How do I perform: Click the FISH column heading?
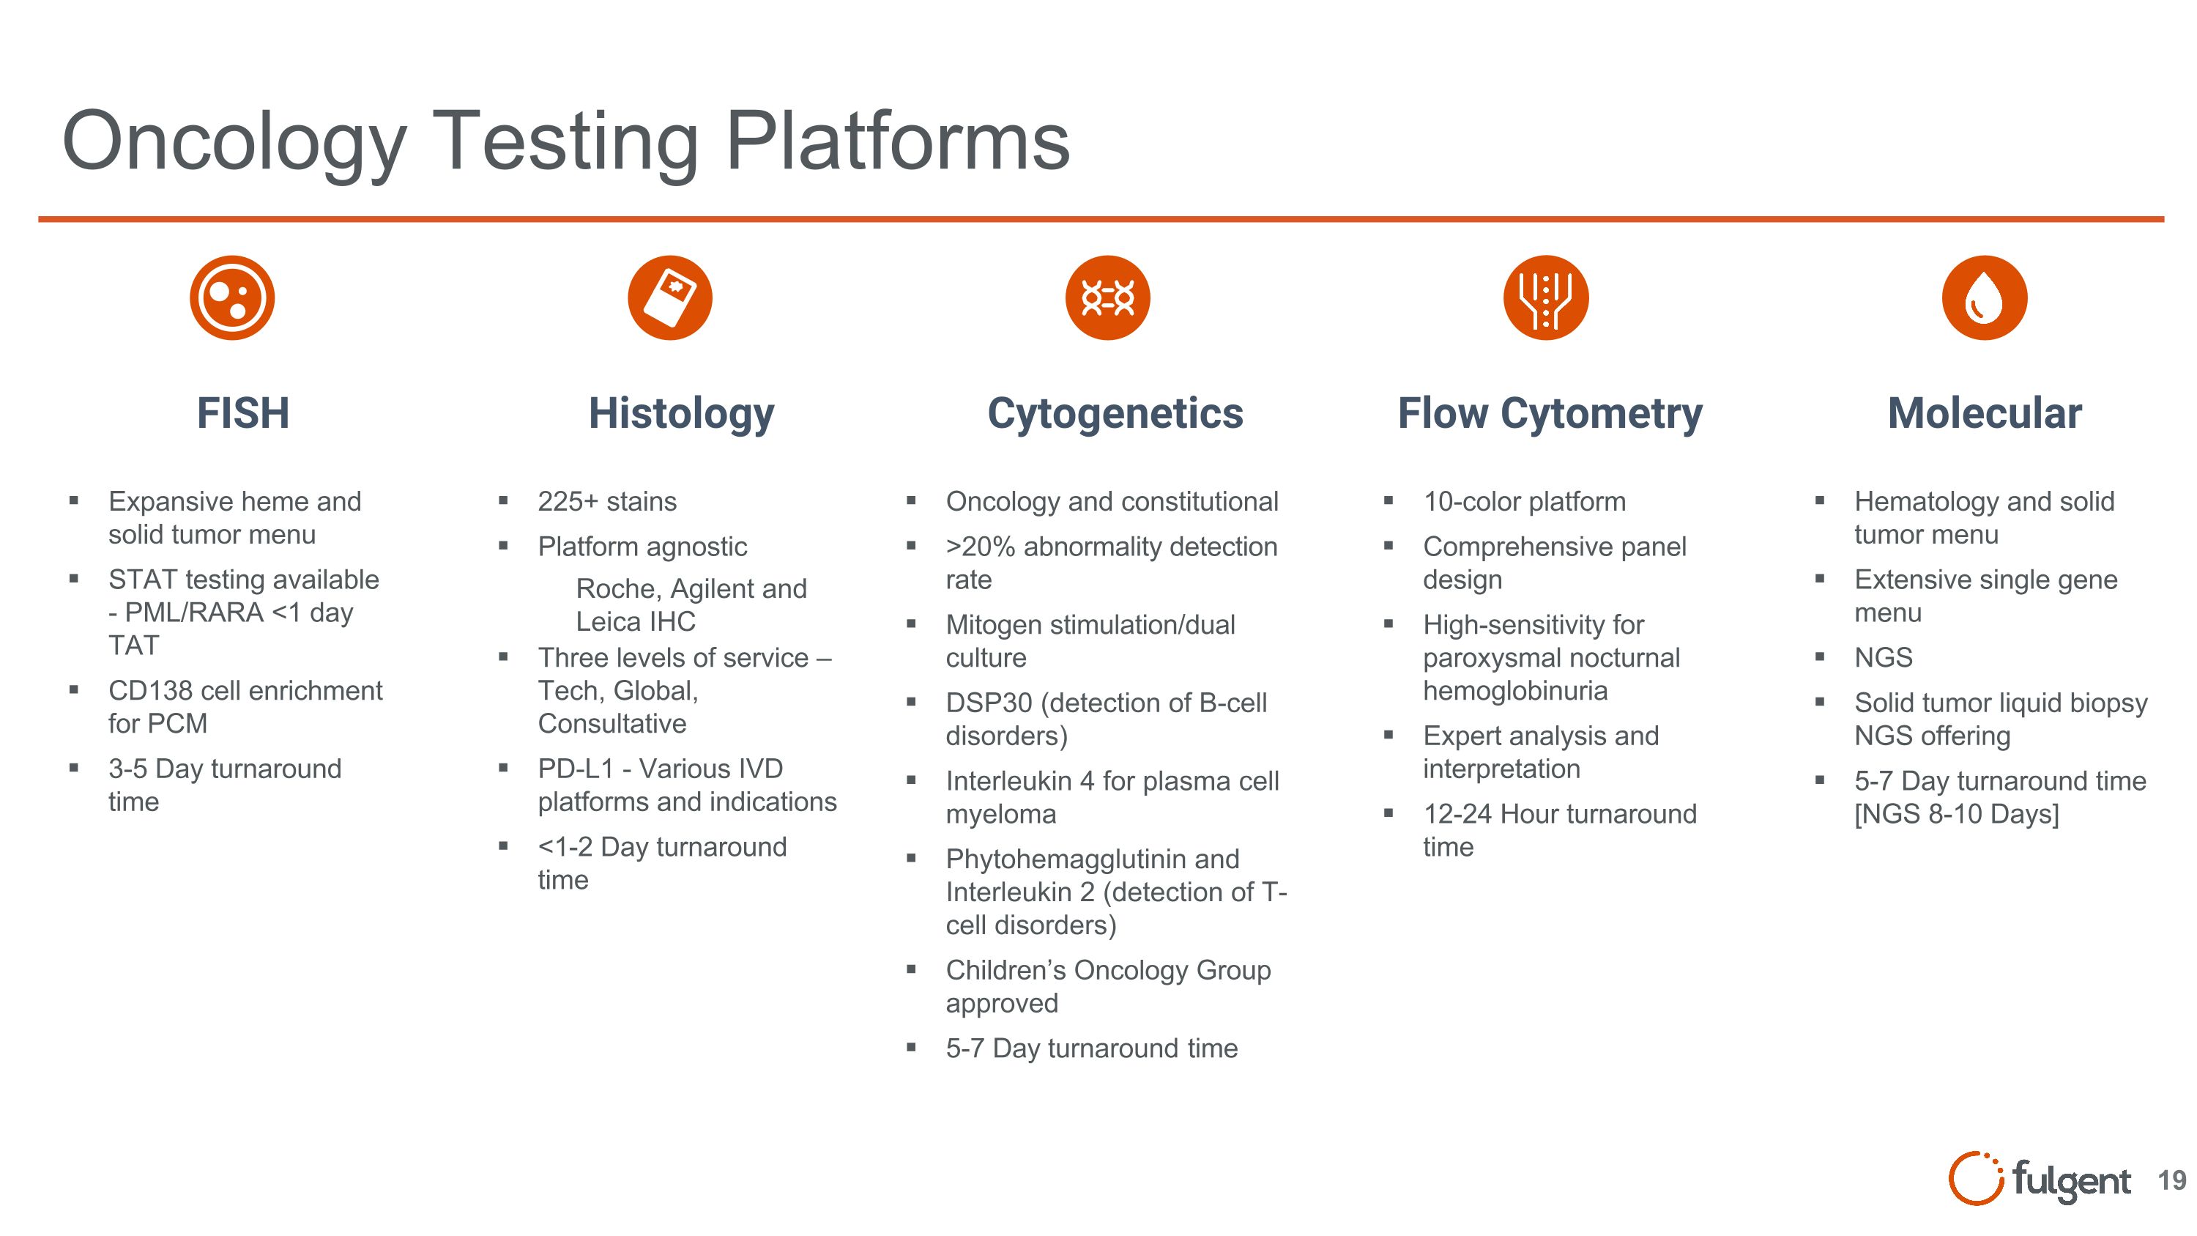(243, 414)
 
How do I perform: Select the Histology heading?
(682, 414)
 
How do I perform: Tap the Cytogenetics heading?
(1115, 414)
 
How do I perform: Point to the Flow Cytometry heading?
(1550, 414)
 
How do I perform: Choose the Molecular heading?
(1984, 414)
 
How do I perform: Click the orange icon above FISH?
(232, 297)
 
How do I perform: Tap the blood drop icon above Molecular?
(1984, 297)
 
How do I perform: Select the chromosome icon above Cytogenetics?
(1107, 297)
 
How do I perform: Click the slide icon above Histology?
(669, 297)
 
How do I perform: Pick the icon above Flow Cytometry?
(1545, 297)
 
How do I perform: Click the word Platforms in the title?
(897, 141)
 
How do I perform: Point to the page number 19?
(2171, 1180)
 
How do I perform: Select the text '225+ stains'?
(606, 502)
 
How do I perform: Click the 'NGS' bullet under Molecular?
(1883, 658)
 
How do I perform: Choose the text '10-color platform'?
(1524, 502)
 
